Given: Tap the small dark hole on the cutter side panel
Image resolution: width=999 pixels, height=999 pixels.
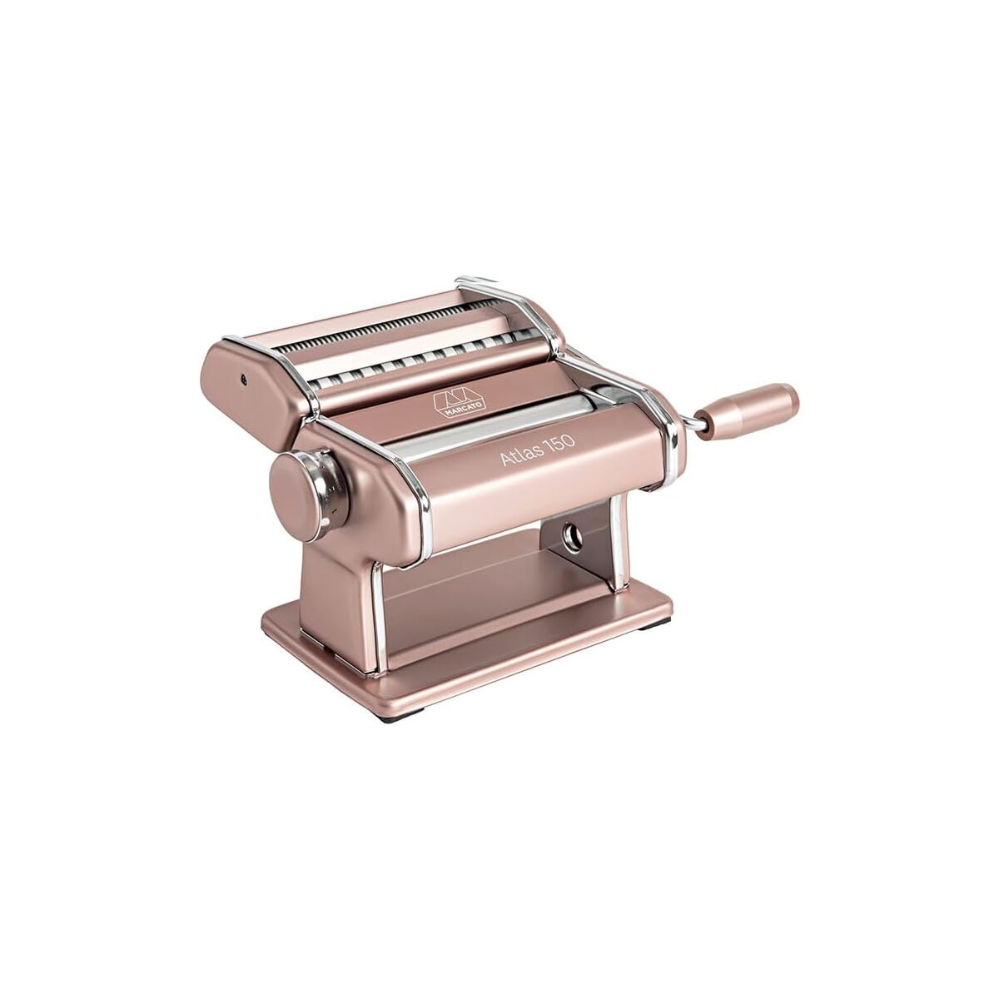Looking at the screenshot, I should [x=244, y=379].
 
